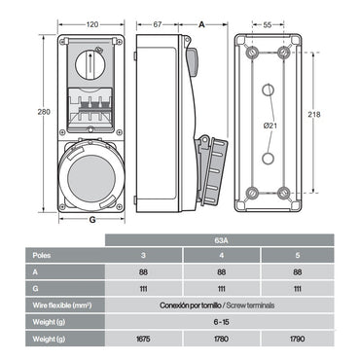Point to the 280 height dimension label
39,112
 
